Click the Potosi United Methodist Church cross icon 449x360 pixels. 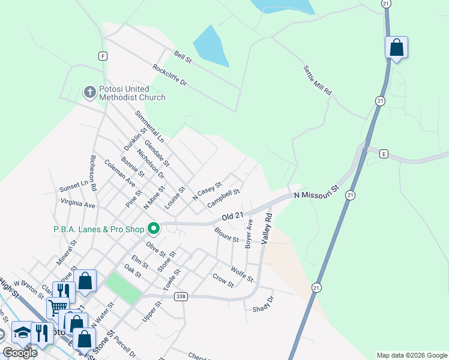pos(89,92)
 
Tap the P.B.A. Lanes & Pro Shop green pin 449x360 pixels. pos(154,227)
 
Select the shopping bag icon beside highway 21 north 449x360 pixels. pos(396,47)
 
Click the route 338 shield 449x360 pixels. pos(181,297)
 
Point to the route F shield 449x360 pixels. pos(103,56)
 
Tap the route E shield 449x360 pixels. pos(383,154)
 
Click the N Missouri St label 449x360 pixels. pos(317,193)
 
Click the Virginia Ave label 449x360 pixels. pos(78,203)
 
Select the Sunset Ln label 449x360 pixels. pos(73,188)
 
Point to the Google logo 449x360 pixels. pos(20,353)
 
